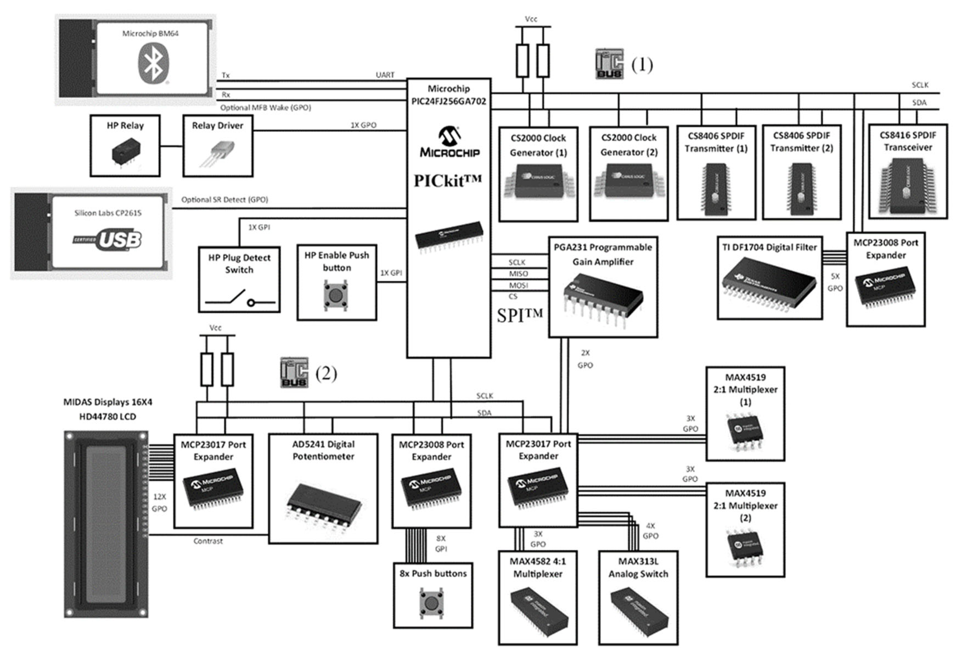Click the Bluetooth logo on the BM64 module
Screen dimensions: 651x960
click(x=153, y=64)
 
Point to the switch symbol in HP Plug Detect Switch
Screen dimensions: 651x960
click(x=239, y=298)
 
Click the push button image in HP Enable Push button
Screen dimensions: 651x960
click(x=336, y=295)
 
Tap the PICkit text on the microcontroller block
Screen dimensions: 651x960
click(x=448, y=181)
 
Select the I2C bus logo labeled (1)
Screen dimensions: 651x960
click(x=609, y=64)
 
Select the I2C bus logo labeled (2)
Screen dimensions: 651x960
click(x=294, y=373)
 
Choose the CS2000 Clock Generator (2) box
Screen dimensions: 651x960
click(x=628, y=174)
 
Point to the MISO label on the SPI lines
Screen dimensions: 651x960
click(x=518, y=274)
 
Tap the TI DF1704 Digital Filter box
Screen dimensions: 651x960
click(x=769, y=278)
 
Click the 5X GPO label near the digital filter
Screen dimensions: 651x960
click(x=835, y=282)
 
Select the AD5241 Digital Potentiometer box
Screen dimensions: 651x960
click(x=323, y=488)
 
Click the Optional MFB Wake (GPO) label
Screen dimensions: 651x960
click(x=265, y=107)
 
